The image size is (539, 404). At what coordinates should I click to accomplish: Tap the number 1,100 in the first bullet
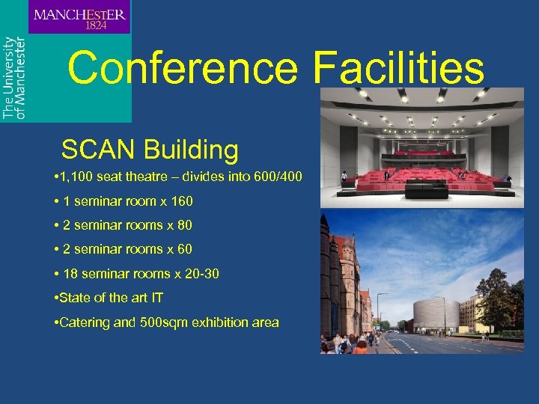[78, 177]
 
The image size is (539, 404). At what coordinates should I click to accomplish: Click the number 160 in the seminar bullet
[180, 201]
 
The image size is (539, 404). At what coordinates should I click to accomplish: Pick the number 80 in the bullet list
[185, 225]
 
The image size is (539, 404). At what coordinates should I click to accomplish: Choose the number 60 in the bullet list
[185, 249]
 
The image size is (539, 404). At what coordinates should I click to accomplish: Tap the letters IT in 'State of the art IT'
[156, 298]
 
